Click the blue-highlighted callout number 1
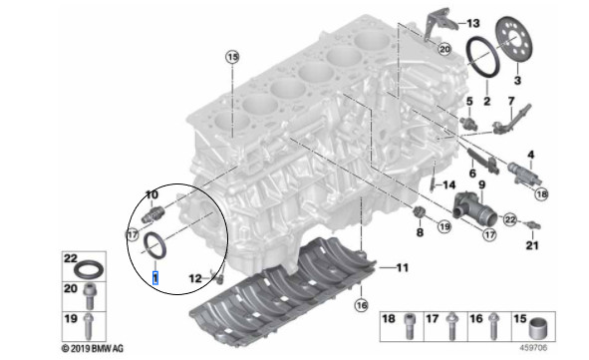pos(155,278)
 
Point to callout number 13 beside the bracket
pos(473,23)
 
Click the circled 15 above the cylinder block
pos(232,57)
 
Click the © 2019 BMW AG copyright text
pos(93,348)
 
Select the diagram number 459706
pos(533,348)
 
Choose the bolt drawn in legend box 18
pos(409,326)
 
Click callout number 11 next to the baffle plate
pos(402,267)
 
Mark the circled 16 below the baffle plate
pos(362,305)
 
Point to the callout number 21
pos(532,245)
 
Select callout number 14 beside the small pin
pos(448,184)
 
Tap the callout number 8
pos(420,232)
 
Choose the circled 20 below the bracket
pos(444,49)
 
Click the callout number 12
pos(195,278)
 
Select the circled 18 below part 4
pos(541,193)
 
